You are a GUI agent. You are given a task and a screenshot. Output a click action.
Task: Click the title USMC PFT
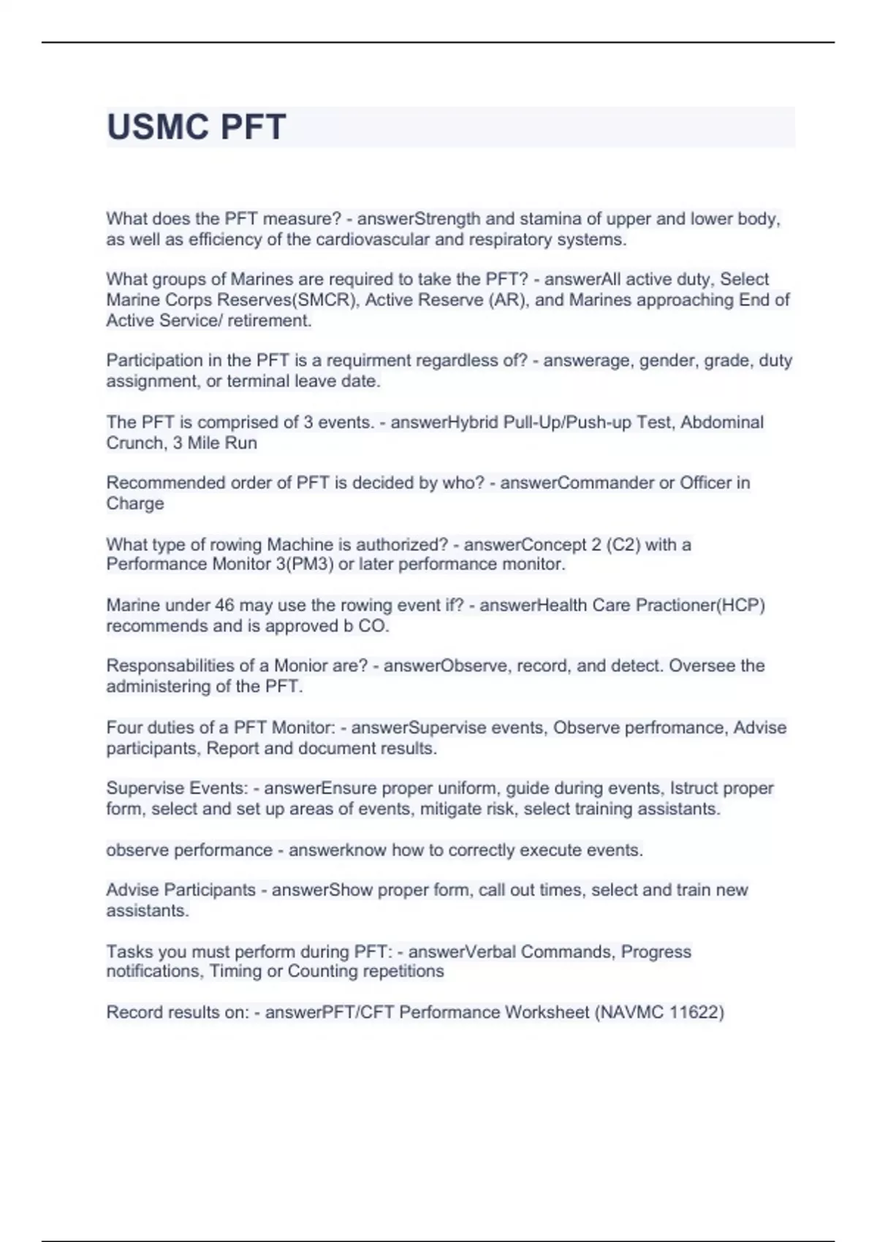(196, 127)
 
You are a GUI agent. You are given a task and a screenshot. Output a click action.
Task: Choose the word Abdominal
(722, 422)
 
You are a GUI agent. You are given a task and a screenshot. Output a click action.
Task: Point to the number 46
(224, 605)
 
